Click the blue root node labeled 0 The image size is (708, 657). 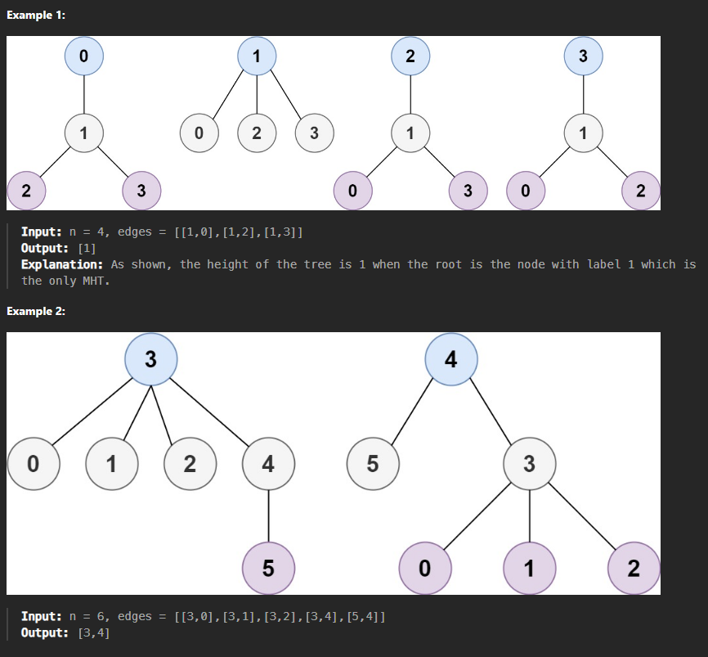point(84,56)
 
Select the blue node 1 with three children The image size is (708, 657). point(257,56)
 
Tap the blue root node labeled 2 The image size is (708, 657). point(410,56)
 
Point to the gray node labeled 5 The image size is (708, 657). point(372,464)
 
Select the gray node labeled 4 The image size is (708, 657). point(268,464)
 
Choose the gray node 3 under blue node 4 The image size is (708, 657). point(529,464)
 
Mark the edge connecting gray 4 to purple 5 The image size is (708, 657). point(268,516)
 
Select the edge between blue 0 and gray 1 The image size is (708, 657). point(84,93)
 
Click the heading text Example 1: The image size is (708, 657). point(36,17)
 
